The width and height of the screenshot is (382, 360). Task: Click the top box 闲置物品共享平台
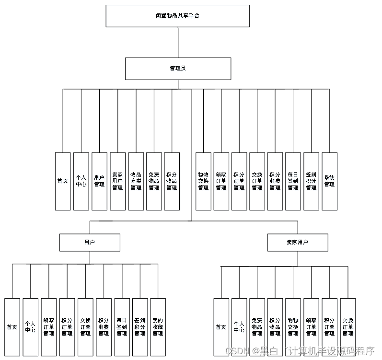click(x=177, y=16)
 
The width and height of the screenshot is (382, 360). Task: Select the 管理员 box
click(x=178, y=69)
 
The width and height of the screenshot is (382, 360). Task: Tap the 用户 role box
click(x=90, y=242)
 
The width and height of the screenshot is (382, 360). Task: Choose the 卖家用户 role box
click(x=298, y=242)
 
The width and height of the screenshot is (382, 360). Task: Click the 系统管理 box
click(x=329, y=181)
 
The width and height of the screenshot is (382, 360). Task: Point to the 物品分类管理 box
click(x=136, y=181)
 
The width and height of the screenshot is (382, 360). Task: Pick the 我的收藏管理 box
click(x=158, y=327)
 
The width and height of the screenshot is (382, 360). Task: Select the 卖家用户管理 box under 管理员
click(x=117, y=181)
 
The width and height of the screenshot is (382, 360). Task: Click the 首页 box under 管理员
click(x=63, y=181)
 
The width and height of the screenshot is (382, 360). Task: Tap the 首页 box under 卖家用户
click(x=221, y=327)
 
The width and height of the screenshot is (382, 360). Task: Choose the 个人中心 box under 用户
click(x=30, y=327)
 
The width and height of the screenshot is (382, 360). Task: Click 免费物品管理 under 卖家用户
click(x=257, y=327)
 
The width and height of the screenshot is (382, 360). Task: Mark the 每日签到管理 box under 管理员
click(x=293, y=181)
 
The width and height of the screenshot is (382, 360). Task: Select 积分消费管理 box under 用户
click(x=104, y=327)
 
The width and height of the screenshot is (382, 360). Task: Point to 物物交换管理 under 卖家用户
click(x=293, y=327)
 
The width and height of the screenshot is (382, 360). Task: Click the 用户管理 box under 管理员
click(x=99, y=181)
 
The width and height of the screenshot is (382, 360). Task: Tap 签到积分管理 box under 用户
click(x=139, y=327)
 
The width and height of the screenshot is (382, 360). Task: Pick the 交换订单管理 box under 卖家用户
click(x=347, y=327)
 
